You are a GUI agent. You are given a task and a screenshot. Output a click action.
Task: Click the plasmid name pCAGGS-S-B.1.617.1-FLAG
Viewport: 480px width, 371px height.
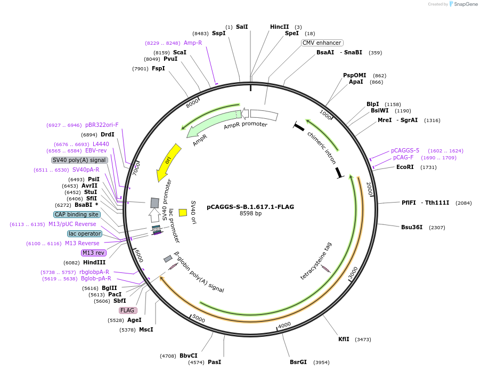(250, 207)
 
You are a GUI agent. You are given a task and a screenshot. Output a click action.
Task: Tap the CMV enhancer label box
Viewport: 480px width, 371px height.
(322, 43)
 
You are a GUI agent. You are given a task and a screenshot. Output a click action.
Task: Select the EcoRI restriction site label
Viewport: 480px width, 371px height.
(405, 167)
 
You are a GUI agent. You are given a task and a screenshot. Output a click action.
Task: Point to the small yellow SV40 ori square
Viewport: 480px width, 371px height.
(183, 212)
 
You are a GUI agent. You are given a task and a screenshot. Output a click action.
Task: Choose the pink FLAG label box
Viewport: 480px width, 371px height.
(128, 310)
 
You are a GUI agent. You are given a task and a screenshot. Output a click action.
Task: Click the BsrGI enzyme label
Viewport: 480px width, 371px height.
(298, 362)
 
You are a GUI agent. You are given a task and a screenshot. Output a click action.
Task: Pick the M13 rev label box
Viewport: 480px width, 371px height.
(93, 253)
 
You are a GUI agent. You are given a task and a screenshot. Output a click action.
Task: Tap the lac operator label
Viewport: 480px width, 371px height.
(84, 233)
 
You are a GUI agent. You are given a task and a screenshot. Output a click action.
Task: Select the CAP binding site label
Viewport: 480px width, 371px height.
(77, 214)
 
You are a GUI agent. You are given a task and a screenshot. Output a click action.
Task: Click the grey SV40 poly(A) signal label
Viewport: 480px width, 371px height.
(79, 160)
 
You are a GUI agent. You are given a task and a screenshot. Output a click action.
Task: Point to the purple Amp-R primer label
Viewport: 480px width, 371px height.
(193, 43)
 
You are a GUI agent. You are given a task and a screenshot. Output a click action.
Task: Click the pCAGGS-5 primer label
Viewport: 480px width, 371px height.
(405, 150)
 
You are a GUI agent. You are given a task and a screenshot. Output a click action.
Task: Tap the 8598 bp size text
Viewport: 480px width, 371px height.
(250, 214)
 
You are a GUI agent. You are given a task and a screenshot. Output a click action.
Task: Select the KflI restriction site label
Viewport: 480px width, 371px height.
(344, 339)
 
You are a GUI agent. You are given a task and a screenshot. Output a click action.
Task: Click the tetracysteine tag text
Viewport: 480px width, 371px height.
(316, 261)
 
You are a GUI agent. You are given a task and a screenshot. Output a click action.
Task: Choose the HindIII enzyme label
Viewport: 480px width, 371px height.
(94, 262)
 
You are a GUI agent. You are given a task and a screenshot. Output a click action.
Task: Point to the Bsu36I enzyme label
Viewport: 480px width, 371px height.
(412, 227)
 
